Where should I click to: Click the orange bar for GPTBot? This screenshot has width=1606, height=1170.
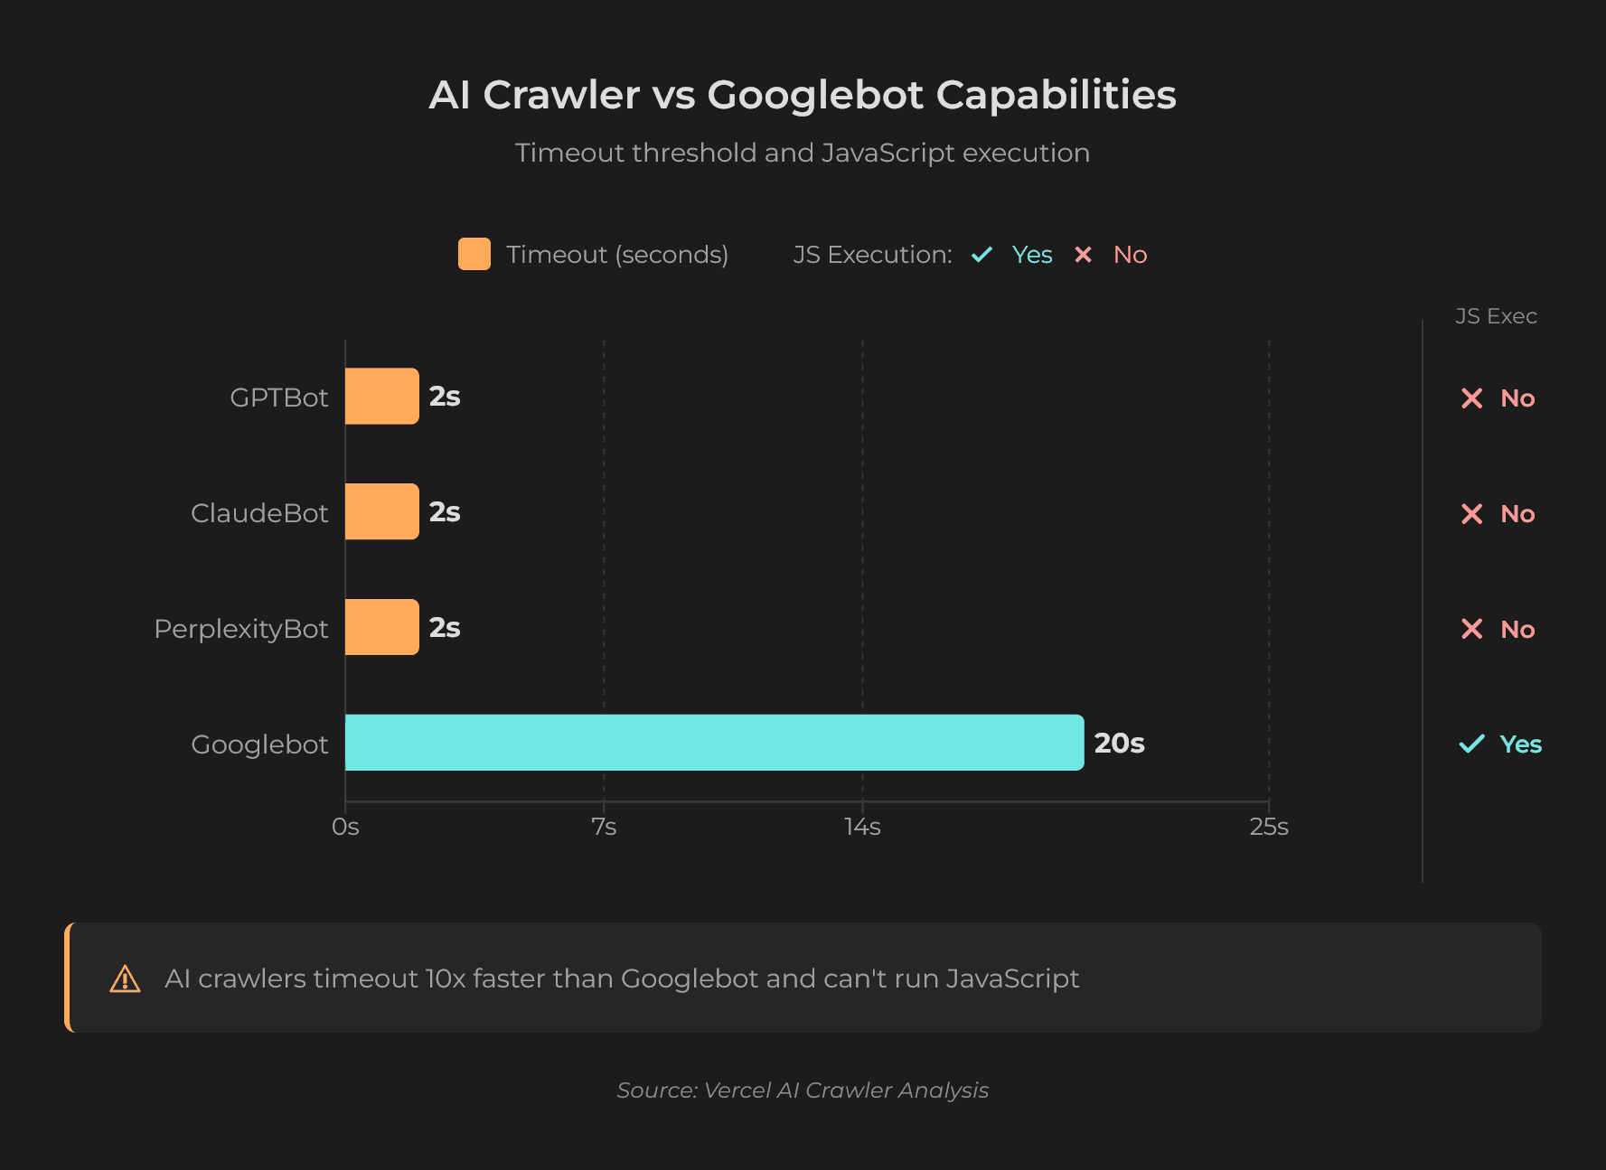381,396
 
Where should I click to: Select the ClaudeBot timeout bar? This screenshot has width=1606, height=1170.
381,511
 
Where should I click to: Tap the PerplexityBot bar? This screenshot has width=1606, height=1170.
381,627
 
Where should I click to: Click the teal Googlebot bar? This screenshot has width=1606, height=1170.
714,743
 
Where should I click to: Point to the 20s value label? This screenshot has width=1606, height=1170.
1119,743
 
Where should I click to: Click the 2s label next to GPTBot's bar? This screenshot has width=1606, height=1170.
445,396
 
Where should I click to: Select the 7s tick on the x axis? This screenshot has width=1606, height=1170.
604,827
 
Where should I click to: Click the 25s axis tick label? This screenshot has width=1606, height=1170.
1269,827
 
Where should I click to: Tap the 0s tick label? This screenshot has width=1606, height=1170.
345,827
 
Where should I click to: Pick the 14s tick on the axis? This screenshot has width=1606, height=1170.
862,827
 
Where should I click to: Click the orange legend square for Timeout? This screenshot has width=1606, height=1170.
474,254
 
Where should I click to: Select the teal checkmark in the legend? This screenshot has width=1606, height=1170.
981,255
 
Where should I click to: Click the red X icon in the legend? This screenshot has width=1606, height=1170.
1083,255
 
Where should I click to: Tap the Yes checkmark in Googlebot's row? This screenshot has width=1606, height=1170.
1471,744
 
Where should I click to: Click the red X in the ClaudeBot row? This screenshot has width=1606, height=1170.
1471,513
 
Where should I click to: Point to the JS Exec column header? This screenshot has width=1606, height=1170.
1496,316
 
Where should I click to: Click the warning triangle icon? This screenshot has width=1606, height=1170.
125,978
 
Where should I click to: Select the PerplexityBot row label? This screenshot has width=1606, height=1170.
241,628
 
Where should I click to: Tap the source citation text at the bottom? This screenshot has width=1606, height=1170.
803,1090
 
